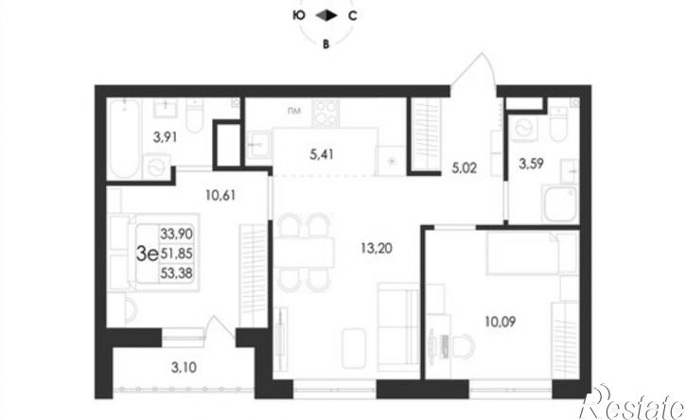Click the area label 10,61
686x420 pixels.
click(x=219, y=197)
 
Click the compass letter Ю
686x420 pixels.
click(x=299, y=16)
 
